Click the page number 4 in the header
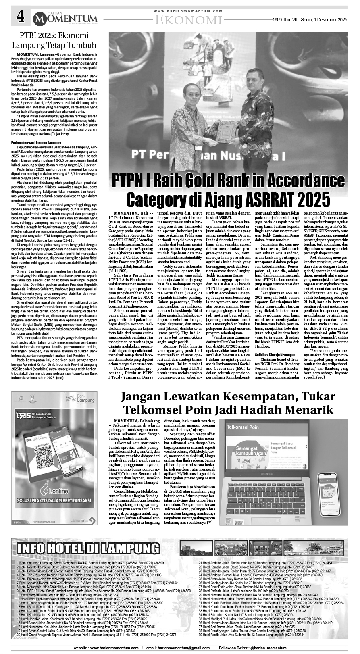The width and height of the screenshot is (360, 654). pyautogui.click(x=21, y=17)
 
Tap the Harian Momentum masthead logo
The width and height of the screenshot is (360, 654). pyautogui.click(x=65, y=18)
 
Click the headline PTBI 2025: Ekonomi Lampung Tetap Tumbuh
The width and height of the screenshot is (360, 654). pyautogui.click(x=54, y=40)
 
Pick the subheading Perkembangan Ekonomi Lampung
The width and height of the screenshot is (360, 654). pyautogui.click(x=36, y=143)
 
